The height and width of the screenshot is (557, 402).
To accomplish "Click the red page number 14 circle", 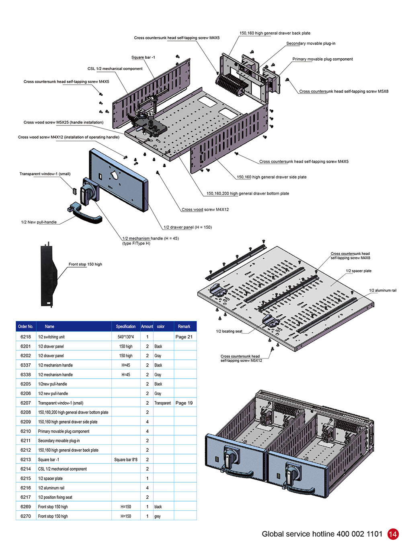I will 393,534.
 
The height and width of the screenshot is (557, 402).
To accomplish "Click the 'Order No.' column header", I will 25,326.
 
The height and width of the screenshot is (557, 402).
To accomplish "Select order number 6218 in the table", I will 25,337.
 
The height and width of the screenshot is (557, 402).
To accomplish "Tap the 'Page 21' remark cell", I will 184,337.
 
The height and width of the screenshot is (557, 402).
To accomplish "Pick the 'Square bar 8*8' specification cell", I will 125,459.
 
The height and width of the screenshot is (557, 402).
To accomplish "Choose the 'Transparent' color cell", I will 162,403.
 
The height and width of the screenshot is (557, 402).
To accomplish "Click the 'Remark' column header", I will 184,326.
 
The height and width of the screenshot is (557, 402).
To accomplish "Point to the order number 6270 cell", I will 25,516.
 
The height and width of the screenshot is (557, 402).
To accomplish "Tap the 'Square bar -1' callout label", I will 143,57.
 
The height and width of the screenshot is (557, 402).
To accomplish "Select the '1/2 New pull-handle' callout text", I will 39,222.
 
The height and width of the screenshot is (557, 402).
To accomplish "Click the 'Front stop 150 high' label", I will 85,264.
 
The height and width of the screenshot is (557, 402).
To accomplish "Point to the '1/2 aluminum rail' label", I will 382,290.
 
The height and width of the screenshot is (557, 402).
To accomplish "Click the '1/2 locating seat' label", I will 229,331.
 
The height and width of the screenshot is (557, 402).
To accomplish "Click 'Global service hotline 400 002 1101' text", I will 322,534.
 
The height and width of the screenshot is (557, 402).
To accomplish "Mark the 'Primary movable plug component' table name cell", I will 64,431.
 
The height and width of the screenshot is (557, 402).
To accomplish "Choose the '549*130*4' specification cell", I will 125,337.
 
